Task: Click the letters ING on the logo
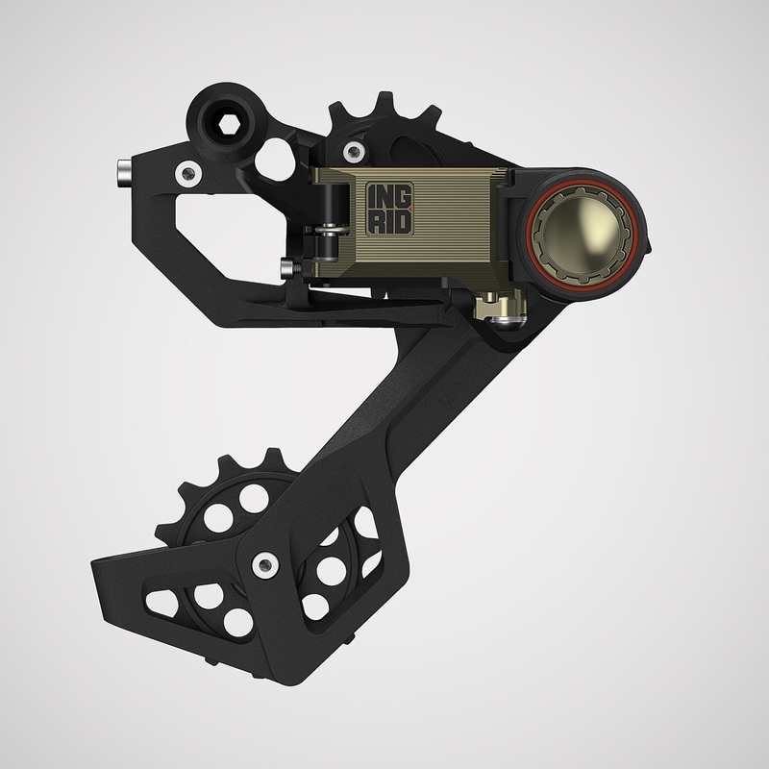(388, 196)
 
